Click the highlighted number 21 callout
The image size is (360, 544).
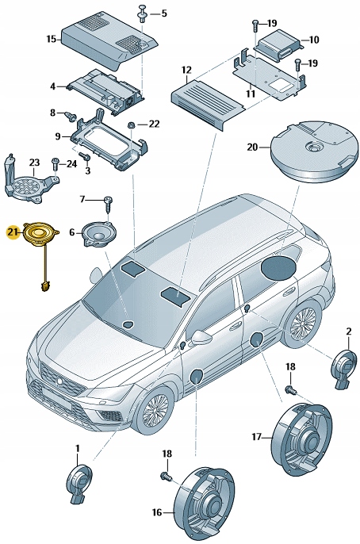(x=11, y=232)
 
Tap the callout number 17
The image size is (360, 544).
(x=256, y=437)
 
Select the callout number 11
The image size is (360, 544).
(x=251, y=94)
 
